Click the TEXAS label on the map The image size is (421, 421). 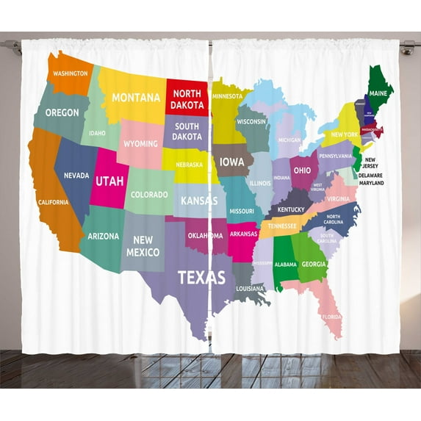pyautogui.click(x=201, y=278)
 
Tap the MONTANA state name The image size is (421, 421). pyautogui.click(x=135, y=98)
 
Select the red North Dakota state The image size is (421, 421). pyautogui.click(x=187, y=100)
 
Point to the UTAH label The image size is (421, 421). pyautogui.click(x=109, y=179)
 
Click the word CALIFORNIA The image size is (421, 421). pyautogui.click(x=53, y=202)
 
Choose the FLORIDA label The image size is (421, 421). pyautogui.click(x=331, y=317)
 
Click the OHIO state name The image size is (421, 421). pyautogui.click(x=302, y=170)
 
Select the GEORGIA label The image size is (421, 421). pyautogui.click(x=314, y=264)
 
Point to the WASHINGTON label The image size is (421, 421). pyautogui.click(x=71, y=73)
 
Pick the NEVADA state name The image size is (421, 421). pyautogui.click(x=76, y=176)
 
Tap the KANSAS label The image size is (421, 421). pyautogui.click(x=199, y=200)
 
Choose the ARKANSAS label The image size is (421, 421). pyautogui.click(x=243, y=234)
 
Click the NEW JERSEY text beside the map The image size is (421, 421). pyautogui.click(x=370, y=162)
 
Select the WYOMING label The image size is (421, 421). pyautogui.click(x=140, y=144)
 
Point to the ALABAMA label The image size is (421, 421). pyautogui.click(x=285, y=265)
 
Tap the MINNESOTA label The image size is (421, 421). pyautogui.click(x=228, y=96)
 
